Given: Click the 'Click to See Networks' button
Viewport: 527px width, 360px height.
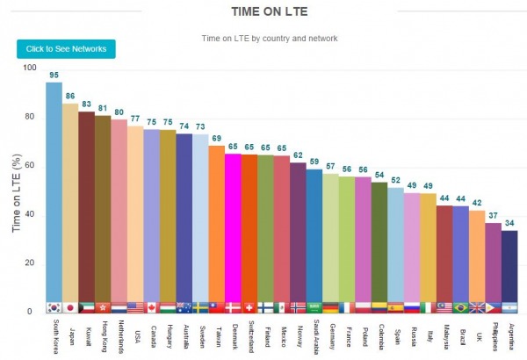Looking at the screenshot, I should (66, 48).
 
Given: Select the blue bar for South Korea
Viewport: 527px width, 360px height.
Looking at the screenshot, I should (54, 193).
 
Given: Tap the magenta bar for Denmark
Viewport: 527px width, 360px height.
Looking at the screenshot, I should (233, 228).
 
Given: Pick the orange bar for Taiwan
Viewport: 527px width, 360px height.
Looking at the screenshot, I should (216, 224).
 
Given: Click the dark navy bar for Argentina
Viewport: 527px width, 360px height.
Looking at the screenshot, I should (509, 268).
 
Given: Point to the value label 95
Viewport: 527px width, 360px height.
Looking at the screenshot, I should (54, 76).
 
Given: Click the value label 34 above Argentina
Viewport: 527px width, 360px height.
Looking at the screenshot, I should (509, 224).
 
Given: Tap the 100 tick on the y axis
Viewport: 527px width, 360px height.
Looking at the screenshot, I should (31, 68).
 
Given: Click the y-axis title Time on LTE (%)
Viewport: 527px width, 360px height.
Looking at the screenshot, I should (17, 193).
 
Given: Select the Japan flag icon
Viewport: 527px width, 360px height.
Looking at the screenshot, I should (70, 307).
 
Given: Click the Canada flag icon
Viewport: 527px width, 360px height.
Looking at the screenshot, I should (151, 307).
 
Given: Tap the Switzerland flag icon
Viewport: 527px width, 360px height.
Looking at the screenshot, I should (249, 307).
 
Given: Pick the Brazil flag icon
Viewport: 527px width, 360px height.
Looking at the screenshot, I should (460, 307).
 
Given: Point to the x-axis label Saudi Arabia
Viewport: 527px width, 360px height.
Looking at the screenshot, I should (314, 337).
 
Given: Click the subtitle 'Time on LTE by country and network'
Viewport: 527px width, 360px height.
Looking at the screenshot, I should (270, 38).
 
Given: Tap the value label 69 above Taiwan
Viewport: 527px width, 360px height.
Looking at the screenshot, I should (216, 139).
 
